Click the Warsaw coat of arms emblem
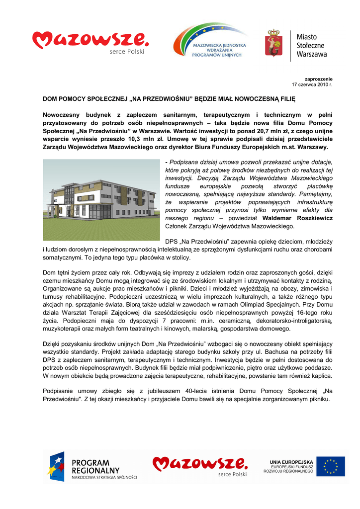[274, 45]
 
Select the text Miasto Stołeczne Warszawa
[312, 45]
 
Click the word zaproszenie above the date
[318, 80]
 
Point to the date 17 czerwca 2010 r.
[312, 85]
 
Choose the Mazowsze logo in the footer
[200, 466]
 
